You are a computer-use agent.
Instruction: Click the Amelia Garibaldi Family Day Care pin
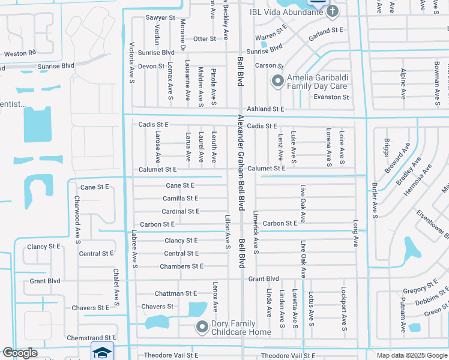(277, 80)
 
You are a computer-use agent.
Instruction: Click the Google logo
(20, 353)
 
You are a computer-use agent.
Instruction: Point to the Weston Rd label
(20, 53)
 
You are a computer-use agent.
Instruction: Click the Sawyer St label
(160, 18)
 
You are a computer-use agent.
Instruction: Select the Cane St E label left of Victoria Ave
(94, 187)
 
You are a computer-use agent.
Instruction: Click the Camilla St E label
(180, 199)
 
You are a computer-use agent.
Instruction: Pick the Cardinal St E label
(180, 211)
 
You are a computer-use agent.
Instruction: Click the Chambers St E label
(181, 266)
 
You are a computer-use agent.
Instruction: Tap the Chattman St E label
(175, 293)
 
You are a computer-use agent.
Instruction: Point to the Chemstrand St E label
(91, 338)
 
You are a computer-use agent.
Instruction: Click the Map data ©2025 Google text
(411, 355)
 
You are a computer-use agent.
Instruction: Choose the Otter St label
(204, 39)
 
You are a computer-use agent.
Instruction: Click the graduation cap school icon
(102, 352)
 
